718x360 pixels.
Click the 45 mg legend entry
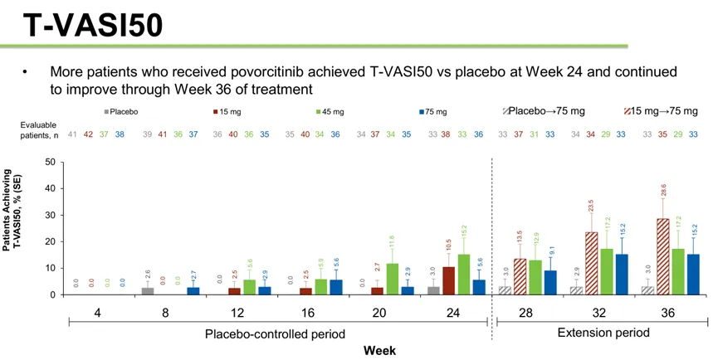[331, 111]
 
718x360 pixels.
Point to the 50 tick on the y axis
[51, 163]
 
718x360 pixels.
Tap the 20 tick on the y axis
[51, 242]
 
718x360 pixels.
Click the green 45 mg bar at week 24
[463, 275]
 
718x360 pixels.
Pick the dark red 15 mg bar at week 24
[448, 280]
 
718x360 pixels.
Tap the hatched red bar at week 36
[663, 256]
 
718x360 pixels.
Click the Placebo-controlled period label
[276, 333]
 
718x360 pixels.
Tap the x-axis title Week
[379, 350]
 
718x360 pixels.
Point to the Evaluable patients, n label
[37, 129]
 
